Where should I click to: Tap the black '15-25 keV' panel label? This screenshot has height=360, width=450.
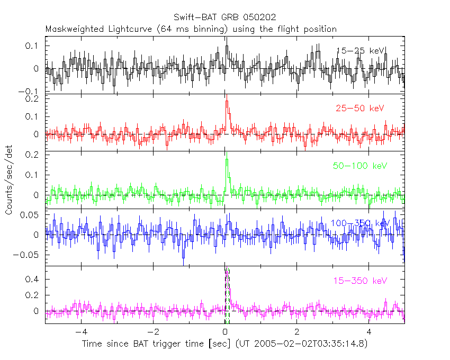coord(361,50)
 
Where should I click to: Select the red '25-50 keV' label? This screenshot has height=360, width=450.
coord(359,109)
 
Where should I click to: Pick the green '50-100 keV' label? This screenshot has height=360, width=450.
coord(357,166)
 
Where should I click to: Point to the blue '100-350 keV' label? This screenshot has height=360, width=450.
coord(360,223)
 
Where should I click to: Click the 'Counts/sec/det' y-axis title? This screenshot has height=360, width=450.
coord(9,179)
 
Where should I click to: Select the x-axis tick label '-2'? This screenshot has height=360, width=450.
coord(152,332)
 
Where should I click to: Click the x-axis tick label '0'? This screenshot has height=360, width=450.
coord(226,332)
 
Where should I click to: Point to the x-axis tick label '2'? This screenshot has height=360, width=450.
coord(298,332)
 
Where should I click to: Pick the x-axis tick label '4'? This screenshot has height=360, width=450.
coord(370,332)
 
